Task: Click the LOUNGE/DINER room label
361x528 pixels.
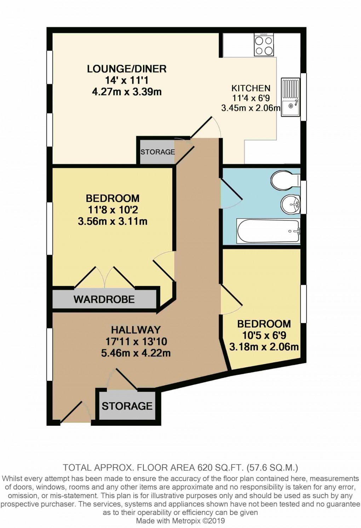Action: coord(127,69)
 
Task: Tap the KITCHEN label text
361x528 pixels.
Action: coord(251,88)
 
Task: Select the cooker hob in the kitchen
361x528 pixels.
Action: coord(264,45)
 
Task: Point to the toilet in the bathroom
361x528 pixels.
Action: coord(285,181)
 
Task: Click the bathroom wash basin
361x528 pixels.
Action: coord(290,204)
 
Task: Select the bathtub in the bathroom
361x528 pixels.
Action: coord(269,231)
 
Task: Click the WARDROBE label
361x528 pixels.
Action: coord(104,299)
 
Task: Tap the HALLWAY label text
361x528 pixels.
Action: coord(136,330)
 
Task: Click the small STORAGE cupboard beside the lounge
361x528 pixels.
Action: coord(157,152)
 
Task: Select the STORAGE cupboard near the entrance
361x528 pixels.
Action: coord(127,406)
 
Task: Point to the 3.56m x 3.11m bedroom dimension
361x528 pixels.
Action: coord(112,222)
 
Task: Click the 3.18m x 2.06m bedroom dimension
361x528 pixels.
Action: coord(264,347)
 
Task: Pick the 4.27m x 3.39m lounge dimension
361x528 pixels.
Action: coord(127,92)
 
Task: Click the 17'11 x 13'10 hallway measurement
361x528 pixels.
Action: coord(136,342)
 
